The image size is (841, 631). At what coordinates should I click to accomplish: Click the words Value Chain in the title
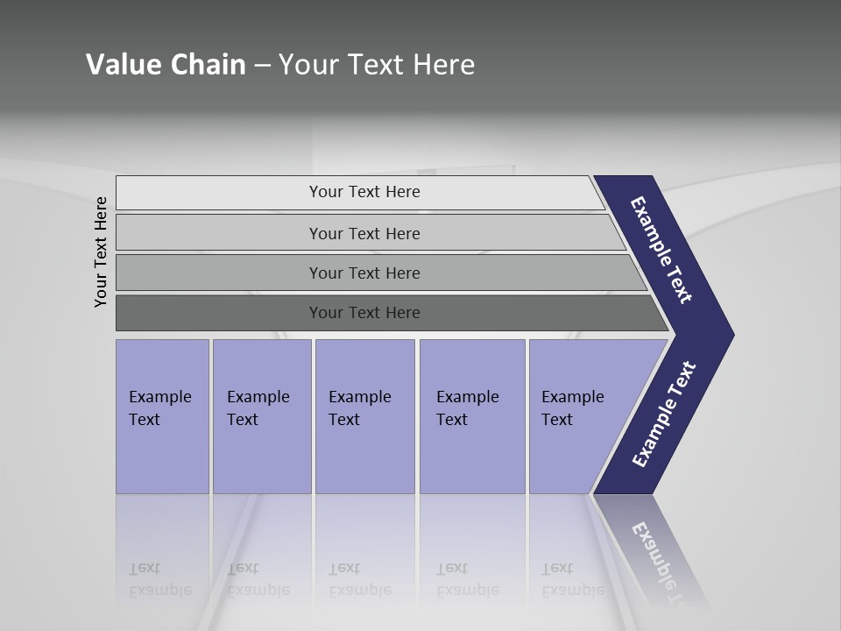[x=166, y=65]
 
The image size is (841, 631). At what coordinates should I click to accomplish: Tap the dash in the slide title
[x=262, y=66]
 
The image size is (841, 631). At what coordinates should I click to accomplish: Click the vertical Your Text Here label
[x=101, y=252]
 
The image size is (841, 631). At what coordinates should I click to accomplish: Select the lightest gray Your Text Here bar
[x=364, y=192]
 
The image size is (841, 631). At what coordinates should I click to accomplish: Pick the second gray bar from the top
[x=364, y=233]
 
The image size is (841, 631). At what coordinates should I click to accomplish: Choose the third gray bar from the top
[x=364, y=273]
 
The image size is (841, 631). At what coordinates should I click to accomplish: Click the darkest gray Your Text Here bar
[x=364, y=313]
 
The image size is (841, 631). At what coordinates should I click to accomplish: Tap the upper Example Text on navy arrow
[x=661, y=250]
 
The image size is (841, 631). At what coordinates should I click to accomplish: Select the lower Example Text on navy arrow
[x=664, y=415]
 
